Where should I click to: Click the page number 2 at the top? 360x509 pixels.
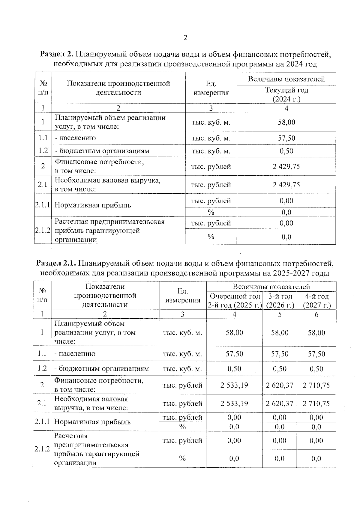(185, 38)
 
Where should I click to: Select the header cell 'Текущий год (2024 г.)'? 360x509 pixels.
(286, 94)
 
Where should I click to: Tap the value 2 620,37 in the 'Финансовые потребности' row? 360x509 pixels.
(279, 385)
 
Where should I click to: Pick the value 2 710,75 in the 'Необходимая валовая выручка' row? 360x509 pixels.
(316, 403)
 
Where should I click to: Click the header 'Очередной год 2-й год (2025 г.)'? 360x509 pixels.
(234, 301)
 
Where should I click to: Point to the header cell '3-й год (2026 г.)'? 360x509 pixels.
(280, 301)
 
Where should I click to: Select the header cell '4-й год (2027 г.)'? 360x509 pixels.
(316, 301)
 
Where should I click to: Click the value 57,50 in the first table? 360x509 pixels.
(286, 138)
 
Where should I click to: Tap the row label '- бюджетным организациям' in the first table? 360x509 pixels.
(102, 151)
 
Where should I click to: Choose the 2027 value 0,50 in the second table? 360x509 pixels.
(316, 369)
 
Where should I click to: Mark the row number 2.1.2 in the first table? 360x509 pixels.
(43, 231)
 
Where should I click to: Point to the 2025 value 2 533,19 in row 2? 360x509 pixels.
(234, 385)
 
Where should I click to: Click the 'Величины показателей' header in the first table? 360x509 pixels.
(286, 79)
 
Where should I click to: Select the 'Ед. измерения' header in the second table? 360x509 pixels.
(182, 296)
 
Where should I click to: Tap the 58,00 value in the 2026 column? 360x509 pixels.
(280, 333)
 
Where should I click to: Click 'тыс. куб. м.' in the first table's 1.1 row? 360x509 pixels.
(211, 138)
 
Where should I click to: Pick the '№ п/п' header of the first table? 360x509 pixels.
(43, 88)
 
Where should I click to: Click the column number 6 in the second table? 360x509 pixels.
(316, 314)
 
